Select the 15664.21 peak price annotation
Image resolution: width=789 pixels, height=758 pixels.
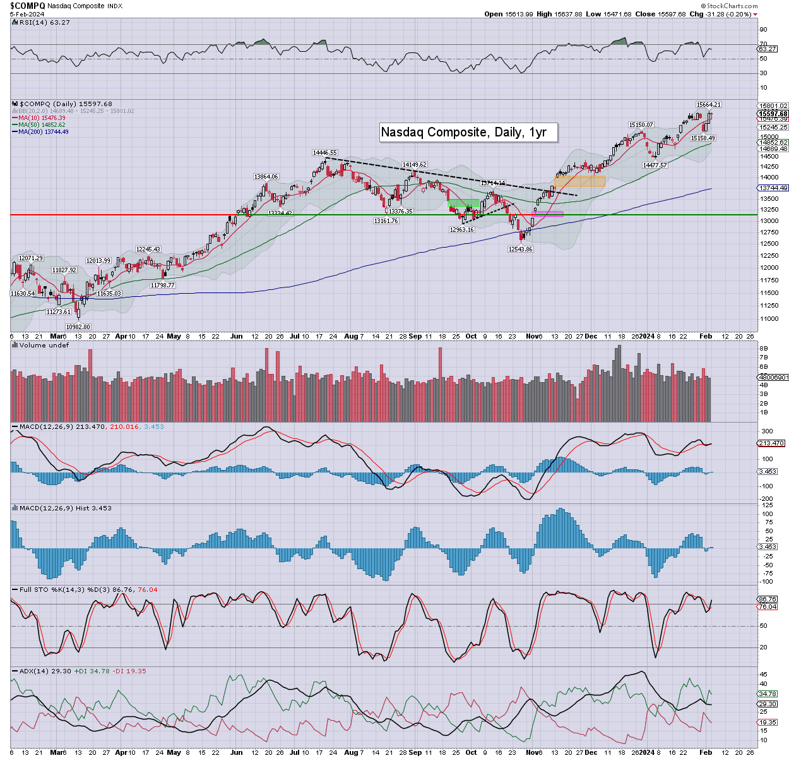coord(708,105)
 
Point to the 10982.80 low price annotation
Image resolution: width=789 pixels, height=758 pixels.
coord(78,327)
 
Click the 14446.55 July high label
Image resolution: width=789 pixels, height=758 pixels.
coord(324,153)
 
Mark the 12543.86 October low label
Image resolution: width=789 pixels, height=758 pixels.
coord(521,250)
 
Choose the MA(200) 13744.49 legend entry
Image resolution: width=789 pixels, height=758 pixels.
coord(43,131)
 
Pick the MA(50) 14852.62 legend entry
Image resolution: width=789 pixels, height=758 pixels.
coord(42,125)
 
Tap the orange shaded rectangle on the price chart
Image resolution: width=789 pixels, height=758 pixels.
coord(579,181)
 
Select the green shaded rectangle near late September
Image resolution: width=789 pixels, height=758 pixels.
coord(463,203)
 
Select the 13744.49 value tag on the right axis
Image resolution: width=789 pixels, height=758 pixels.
coord(773,188)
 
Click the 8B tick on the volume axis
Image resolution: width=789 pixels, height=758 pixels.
coord(763,349)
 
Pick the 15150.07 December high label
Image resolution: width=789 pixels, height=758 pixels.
coord(641,125)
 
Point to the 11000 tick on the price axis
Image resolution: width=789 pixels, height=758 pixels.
coord(768,319)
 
